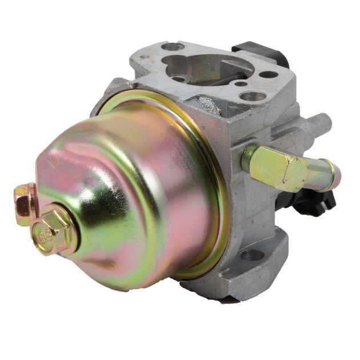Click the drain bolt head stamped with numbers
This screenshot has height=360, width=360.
tap(53, 232)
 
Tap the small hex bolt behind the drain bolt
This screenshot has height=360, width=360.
tap(24, 201)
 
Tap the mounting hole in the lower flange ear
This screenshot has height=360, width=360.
tap(251, 255)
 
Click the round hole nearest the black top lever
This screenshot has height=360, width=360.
tap(268, 74)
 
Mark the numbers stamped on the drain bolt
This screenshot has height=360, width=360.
tap(45, 233)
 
